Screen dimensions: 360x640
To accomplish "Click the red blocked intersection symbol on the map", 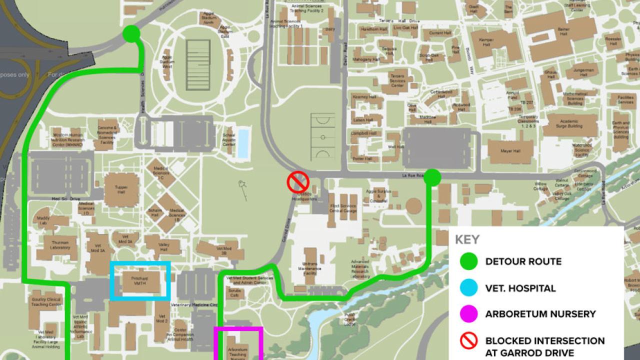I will click(x=297, y=182).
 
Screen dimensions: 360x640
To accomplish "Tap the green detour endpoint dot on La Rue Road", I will click(x=432, y=176).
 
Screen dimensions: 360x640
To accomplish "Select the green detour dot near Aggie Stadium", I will click(x=131, y=33).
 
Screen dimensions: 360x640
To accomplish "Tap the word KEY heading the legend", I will click(x=467, y=239).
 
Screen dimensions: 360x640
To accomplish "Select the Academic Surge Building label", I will click(x=569, y=125).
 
